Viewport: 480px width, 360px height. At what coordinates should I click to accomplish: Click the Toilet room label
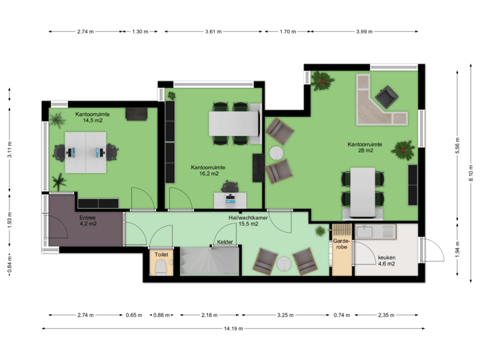161,255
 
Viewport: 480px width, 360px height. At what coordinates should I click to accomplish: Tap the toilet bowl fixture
161,268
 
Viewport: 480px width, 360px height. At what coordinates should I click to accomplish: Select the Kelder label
225,243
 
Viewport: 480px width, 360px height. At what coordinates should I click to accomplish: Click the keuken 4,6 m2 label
387,261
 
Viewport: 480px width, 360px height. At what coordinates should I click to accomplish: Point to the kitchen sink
366,232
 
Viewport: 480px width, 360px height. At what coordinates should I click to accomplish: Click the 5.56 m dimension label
457,150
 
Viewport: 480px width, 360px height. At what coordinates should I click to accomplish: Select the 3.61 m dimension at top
213,31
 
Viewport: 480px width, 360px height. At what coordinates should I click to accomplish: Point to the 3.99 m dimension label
364,31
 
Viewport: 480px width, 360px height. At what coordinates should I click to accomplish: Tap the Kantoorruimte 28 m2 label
365,147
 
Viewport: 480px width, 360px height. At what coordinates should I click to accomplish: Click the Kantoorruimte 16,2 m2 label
207,171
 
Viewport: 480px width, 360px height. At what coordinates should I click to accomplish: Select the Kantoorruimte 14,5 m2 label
93,118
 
